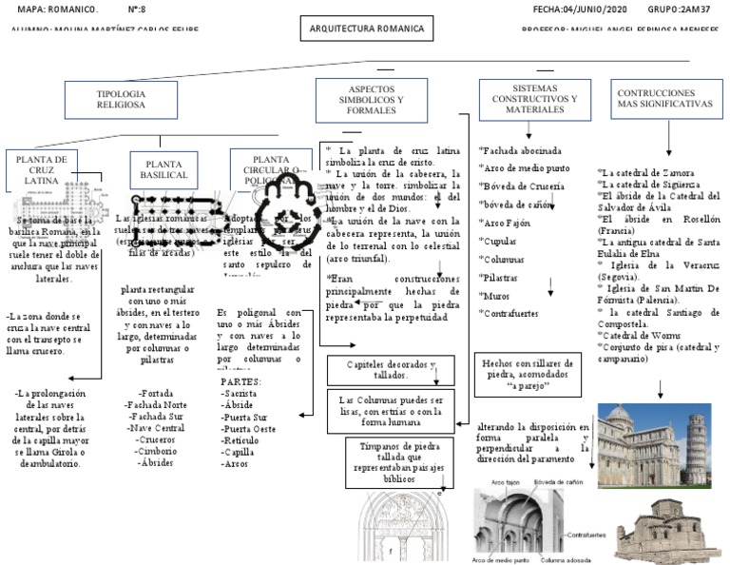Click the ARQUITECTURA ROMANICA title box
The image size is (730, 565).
click(367, 29)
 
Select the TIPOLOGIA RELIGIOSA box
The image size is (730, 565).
click(121, 99)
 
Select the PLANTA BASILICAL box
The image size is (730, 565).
click(163, 171)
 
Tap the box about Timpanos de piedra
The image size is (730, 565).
click(388, 463)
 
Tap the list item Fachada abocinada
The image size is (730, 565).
click(523, 150)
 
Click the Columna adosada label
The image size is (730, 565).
click(567, 558)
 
